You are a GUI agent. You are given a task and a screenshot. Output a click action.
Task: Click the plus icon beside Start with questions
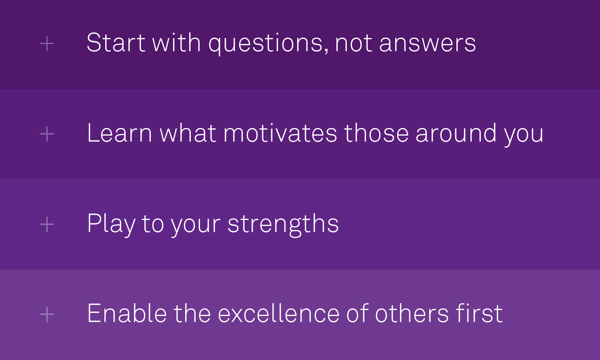[47, 44]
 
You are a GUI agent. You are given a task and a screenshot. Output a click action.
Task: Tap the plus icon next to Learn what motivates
[47, 134]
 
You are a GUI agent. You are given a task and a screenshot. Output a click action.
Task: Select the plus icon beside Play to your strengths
[47, 224]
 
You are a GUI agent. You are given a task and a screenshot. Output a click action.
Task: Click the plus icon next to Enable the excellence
[47, 314]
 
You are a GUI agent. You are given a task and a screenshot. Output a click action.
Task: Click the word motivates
[280, 133]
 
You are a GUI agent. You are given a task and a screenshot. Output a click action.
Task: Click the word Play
[111, 224]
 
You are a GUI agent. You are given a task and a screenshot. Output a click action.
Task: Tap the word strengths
[283, 224]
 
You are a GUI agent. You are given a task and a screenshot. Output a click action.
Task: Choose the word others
[412, 314]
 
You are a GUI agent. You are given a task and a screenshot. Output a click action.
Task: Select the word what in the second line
[188, 133]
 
